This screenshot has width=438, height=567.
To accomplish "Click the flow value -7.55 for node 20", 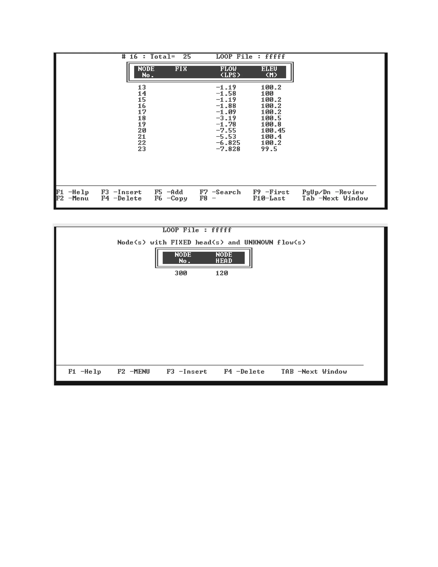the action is [x=226, y=131].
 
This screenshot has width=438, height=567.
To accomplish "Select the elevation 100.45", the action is [x=273, y=131].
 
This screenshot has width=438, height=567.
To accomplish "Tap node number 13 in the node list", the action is [x=142, y=88].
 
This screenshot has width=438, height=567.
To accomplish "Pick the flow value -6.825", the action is [x=228, y=143].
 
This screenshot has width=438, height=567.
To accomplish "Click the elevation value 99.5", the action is [x=269, y=149].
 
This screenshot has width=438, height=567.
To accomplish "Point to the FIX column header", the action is [x=181, y=69].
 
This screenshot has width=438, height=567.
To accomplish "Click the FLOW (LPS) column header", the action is [x=230, y=72].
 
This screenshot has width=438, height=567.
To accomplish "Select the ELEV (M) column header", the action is [x=270, y=72].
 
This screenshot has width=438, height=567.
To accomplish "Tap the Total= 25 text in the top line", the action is [x=170, y=57].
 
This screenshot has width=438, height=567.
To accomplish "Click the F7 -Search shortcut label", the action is [x=220, y=192].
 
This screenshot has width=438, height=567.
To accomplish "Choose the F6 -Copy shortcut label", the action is [x=171, y=198].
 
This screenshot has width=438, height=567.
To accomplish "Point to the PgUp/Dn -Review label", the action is [x=333, y=192].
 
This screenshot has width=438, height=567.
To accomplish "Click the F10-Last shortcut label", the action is [x=269, y=198].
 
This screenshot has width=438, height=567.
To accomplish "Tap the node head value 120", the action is [x=222, y=273].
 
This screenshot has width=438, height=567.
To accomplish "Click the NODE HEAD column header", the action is [x=224, y=258].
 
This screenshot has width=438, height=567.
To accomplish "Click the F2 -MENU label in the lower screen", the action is [x=133, y=371].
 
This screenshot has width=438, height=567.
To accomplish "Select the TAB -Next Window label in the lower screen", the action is [x=314, y=371].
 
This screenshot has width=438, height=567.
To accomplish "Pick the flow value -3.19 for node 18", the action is [x=226, y=118].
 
